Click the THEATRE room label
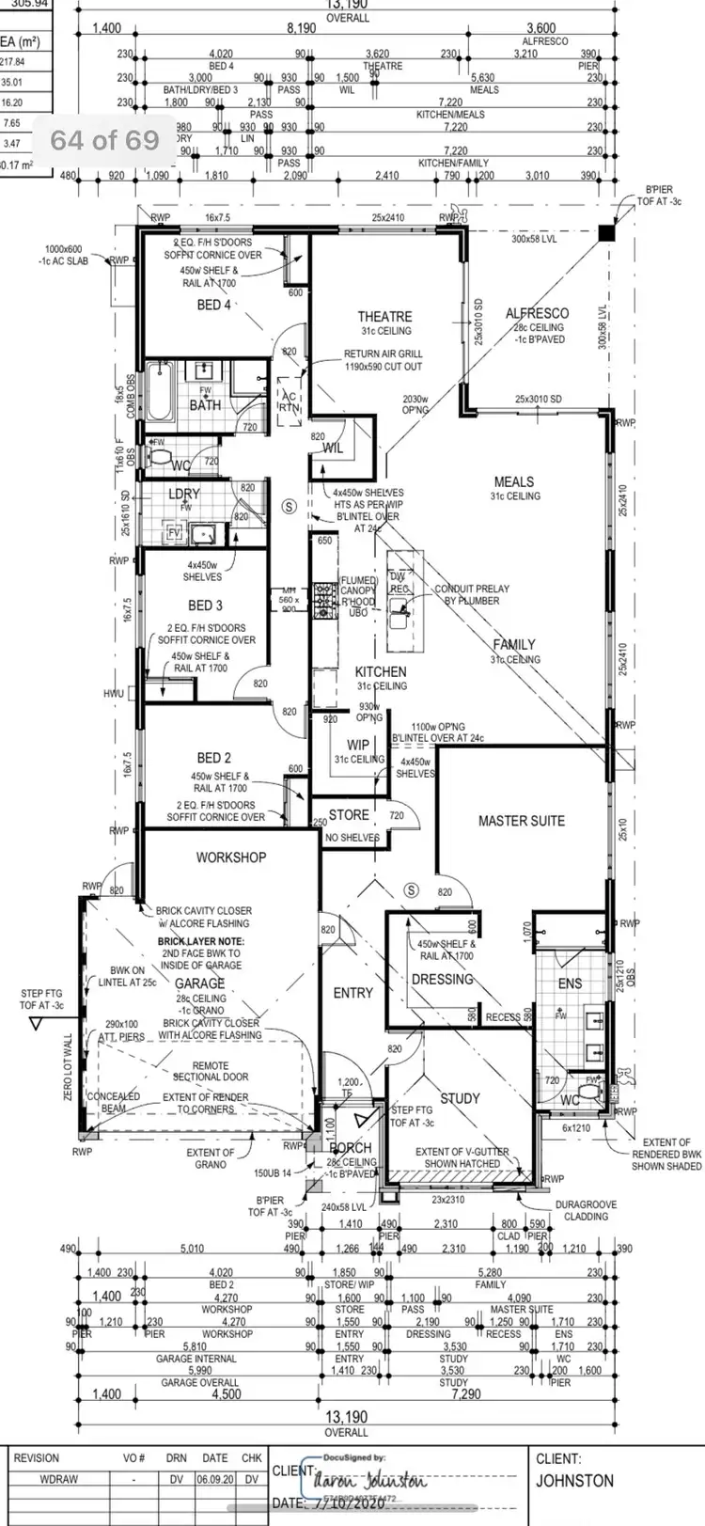point(384,317)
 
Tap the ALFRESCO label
point(537,313)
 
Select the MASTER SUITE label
point(521,821)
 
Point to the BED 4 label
point(213,305)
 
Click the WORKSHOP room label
point(230,857)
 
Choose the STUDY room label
point(460,1098)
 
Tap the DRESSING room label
point(442,980)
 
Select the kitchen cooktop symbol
point(325,599)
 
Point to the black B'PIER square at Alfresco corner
point(606,232)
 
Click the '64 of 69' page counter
point(104,140)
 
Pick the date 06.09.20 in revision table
point(215,1479)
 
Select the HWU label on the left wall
point(114,694)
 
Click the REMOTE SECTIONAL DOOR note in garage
point(211,1071)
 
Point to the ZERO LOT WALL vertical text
point(67,1068)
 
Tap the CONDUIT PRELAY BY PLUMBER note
point(472,594)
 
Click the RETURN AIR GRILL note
point(383,360)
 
